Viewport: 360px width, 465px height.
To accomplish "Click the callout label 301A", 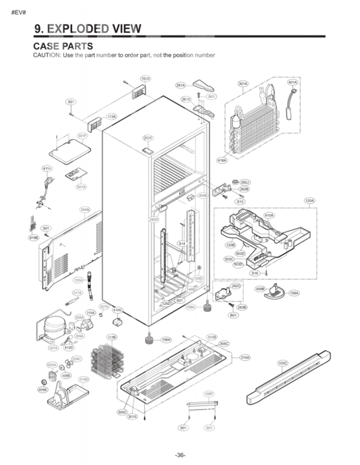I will pyautogui.click(x=242, y=84).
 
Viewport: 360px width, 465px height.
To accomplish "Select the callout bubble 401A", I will pyautogui.click(x=292, y=82).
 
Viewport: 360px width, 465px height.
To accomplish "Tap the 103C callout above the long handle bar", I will pyautogui.click(x=283, y=363).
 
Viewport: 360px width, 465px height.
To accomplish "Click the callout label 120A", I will pyautogui.click(x=309, y=200).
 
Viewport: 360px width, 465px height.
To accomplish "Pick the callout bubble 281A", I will pyautogui.click(x=180, y=86).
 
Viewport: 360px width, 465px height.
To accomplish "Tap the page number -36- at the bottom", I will pyautogui.click(x=180, y=455).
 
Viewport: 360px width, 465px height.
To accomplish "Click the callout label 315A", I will pyautogui.click(x=245, y=357).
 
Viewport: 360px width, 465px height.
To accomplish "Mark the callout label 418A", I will pyautogui.click(x=222, y=160).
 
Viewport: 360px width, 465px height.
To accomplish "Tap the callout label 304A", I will pyautogui.click(x=85, y=210).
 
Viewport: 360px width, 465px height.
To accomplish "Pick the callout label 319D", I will pyautogui.click(x=84, y=380).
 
